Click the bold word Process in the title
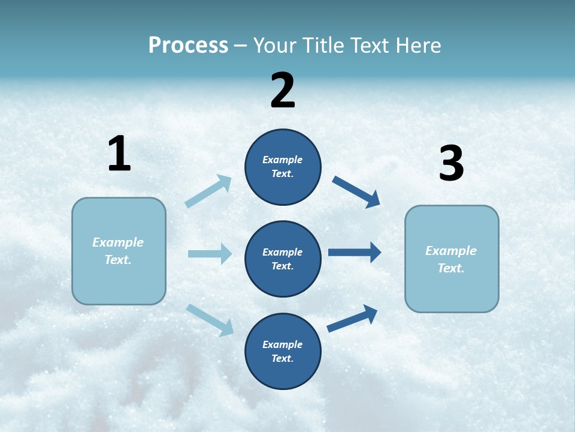(x=188, y=46)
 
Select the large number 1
(x=119, y=154)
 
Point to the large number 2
(x=283, y=91)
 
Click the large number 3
(x=452, y=164)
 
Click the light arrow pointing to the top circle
(x=208, y=191)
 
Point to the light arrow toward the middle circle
(x=210, y=254)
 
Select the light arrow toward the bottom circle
(x=210, y=319)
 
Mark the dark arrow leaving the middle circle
(x=355, y=252)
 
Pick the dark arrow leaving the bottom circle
(x=352, y=319)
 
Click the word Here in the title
(x=417, y=46)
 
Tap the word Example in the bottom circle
(x=283, y=344)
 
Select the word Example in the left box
(x=118, y=242)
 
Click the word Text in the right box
(x=450, y=268)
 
